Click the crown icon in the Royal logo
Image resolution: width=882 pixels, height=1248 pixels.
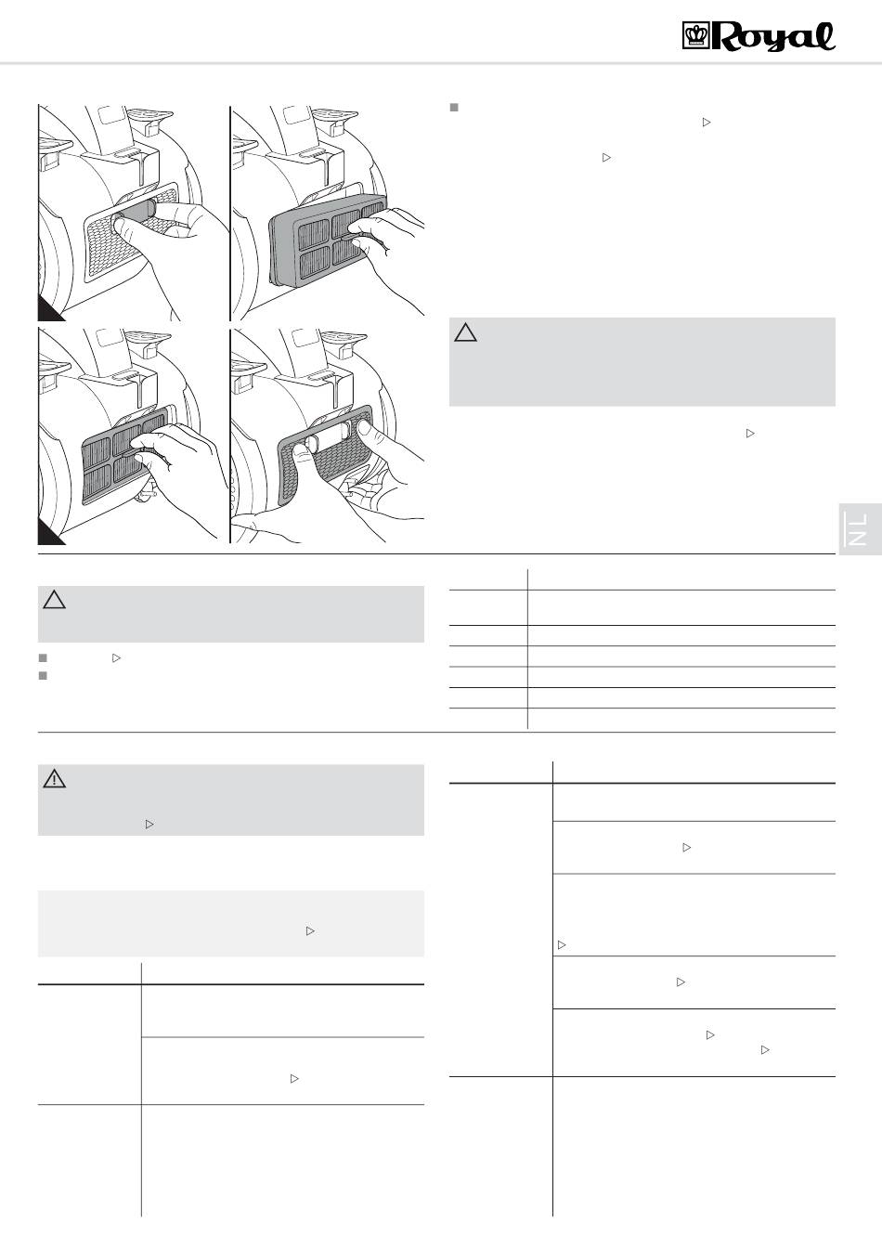point(696,35)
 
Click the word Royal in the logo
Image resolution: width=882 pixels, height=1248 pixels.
point(773,37)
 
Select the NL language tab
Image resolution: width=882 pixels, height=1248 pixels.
point(860,528)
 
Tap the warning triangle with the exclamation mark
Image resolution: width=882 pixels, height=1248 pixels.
point(54,779)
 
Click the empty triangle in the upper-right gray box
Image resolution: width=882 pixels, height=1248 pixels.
point(465,332)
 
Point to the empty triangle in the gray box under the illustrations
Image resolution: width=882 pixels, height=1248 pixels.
point(54,600)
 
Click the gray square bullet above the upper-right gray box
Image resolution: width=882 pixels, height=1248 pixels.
point(454,108)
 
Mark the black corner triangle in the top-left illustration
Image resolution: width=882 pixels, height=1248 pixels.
point(49,310)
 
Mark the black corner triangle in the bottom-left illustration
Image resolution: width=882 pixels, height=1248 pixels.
point(49,532)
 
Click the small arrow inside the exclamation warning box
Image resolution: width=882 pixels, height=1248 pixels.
point(149,824)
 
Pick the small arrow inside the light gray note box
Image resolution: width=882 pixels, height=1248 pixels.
point(310,931)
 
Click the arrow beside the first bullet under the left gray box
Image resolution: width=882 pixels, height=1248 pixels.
point(116,658)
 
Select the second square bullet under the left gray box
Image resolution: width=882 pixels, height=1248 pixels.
point(43,676)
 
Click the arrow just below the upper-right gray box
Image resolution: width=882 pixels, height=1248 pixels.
point(750,433)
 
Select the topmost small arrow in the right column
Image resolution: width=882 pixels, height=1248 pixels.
point(707,122)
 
